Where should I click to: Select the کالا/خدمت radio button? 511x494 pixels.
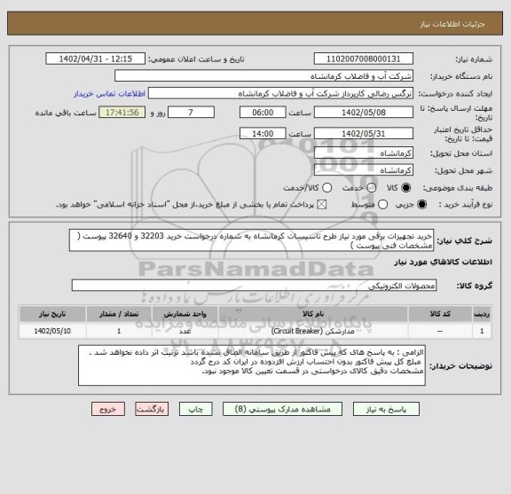[x=302, y=188]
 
